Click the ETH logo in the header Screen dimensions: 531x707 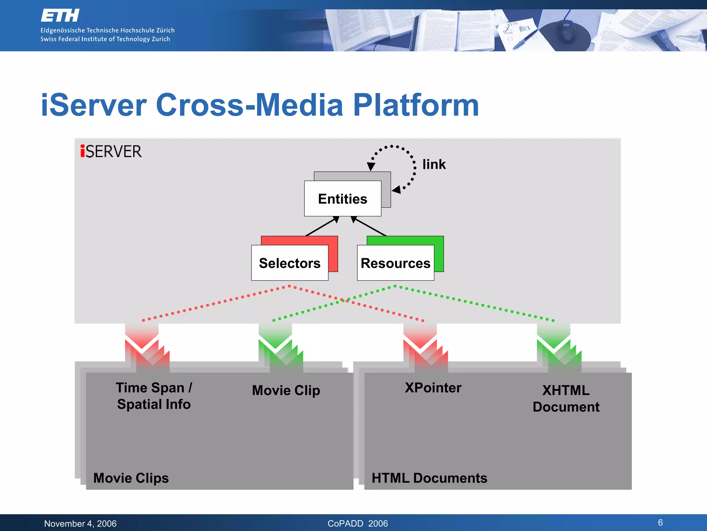[x=60, y=16]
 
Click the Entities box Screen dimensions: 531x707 [x=342, y=199]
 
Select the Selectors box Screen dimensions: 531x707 [x=290, y=263]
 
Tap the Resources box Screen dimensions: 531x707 [x=395, y=263]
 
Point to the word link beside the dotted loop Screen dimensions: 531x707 [x=434, y=164]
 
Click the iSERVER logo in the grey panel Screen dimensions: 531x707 [x=111, y=151]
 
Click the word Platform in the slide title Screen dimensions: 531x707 [x=416, y=105]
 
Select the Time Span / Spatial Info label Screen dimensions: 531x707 [x=154, y=396]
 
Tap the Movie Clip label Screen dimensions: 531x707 [x=286, y=390]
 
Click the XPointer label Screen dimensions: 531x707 [x=433, y=388]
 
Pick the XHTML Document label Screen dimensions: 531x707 [x=566, y=399]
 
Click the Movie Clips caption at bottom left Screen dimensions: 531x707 [x=131, y=478]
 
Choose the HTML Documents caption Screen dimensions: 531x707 [x=429, y=478]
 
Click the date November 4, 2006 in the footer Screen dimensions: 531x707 [x=80, y=523]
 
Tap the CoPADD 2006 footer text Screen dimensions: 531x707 [x=358, y=523]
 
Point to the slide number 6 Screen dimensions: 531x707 [x=660, y=522]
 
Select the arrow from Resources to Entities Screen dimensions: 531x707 [x=369, y=226]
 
